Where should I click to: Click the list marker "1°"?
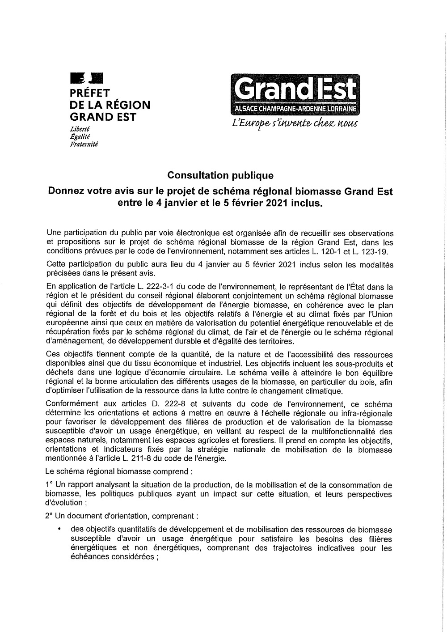(49, 485)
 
